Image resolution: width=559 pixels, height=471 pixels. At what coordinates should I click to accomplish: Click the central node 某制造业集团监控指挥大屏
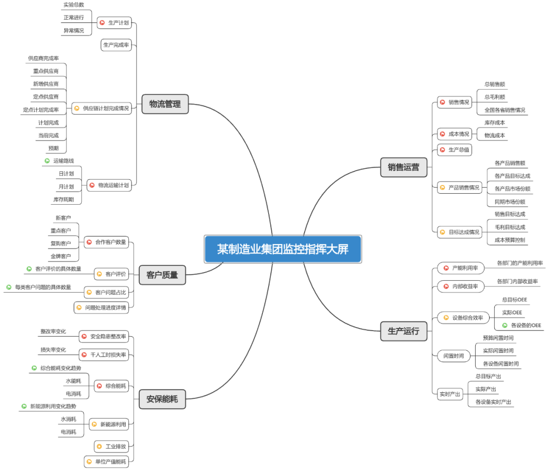pos(283,249)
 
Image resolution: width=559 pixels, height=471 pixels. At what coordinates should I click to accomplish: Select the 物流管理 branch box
pos(165,104)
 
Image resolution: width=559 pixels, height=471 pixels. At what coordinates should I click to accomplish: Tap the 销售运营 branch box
pos(404,167)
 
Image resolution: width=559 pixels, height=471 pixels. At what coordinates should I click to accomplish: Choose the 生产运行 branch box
pos(404,331)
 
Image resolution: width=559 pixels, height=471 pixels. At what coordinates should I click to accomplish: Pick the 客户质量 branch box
pos(162,275)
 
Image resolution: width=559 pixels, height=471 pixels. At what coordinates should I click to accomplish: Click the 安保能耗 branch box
pos(162,399)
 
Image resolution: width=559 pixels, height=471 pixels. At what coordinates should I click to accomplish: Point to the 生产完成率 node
pos(116,45)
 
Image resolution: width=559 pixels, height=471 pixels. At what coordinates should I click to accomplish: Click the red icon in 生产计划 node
pos(102,23)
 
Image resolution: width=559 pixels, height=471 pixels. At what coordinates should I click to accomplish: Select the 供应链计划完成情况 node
pos(101,108)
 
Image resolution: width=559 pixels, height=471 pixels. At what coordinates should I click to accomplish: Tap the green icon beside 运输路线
pos(47,161)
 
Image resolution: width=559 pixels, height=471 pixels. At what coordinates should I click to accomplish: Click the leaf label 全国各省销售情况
pos(505,110)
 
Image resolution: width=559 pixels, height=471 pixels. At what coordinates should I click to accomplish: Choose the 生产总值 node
pos(454,150)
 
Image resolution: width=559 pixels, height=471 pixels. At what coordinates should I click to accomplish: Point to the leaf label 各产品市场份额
pos(512,189)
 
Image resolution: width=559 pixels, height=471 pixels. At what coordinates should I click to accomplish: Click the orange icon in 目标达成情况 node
pos(443,232)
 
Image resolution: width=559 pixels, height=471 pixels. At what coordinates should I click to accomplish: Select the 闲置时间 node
pos(454,356)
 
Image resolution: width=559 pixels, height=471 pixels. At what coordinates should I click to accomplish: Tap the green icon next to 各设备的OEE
pos(505,325)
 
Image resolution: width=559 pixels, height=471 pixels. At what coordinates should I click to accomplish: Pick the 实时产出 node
pos(450,394)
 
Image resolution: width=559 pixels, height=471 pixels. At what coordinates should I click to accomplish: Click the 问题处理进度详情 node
pos(101,308)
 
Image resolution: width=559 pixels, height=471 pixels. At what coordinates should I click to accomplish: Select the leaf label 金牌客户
pos(61,256)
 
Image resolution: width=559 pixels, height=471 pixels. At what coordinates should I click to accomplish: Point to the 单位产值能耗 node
pos(106,462)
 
